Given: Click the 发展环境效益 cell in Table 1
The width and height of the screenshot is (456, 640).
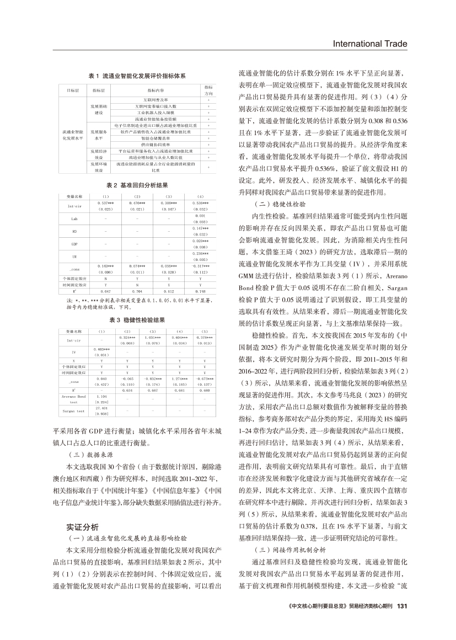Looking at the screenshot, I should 99,167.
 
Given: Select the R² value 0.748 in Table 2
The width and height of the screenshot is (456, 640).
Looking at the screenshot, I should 201,291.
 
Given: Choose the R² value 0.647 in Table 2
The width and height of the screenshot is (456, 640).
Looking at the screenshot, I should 105,291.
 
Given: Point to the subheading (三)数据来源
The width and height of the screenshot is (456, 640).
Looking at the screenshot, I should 86,471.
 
